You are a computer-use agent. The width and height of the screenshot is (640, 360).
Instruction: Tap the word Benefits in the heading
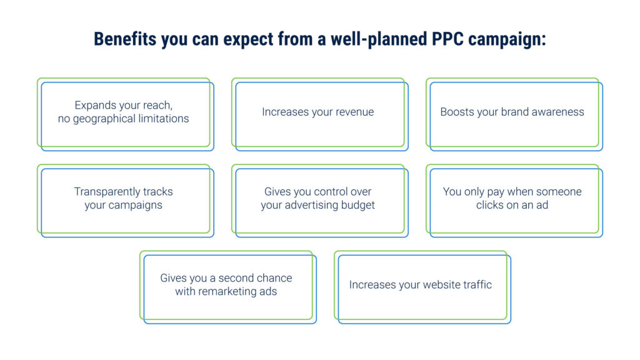[125, 39]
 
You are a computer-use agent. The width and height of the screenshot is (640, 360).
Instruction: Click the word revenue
[355, 112]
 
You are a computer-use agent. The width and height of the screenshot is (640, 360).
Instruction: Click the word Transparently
[106, 192]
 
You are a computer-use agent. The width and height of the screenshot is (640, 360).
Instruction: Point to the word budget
[358, 205]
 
